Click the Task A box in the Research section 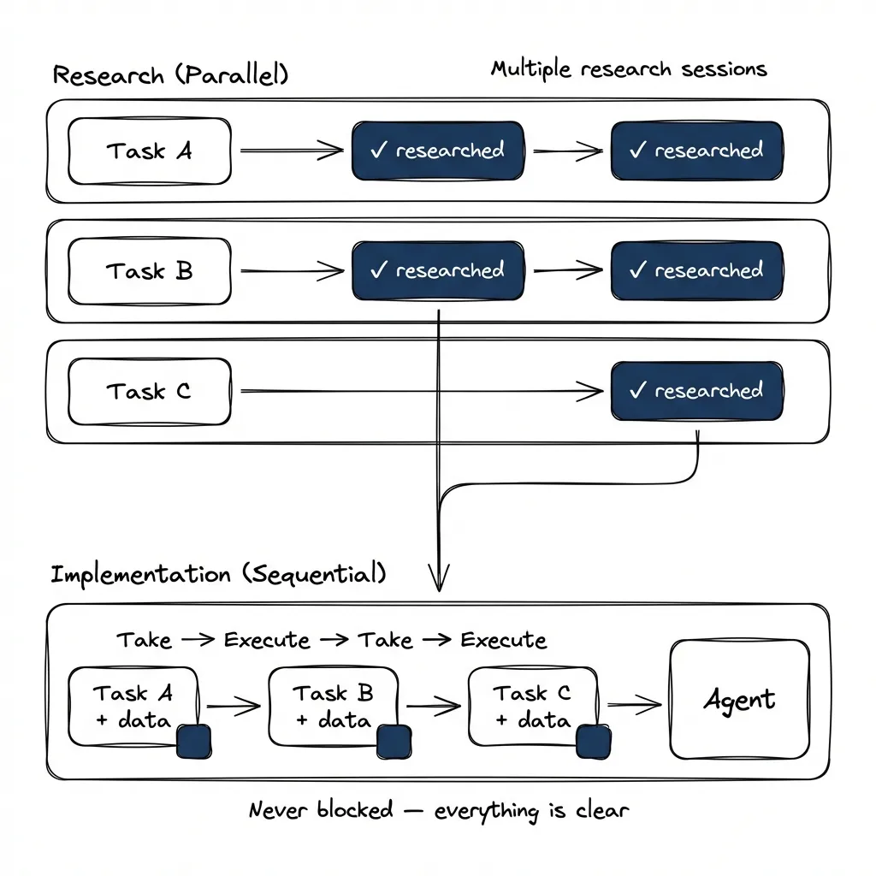pyautogui.click(x=149, y=151)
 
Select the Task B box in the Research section pyautogui.click(x=149, y=272)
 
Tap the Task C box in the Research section pyautogui.click(x=149, y=392)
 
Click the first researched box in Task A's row pyautogui.click(x=437, y=151)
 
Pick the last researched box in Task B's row pyautogui.click(x=696, y=271)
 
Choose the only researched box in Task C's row pyautogui.click(x=696, y=391)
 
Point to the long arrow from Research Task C pyautogui.click(x=419, y=392)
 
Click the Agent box pyautogui.click(x=739, y=700)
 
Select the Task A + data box pyautogui.click(x=133, y=706)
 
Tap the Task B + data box pyautogui.click(x=333, y=706)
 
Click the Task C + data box pyautogui.click(x=532, y=706)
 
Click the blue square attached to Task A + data pyautogui.click(x=194, y=740)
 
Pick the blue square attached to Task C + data pyautogui.click(x=594, y=740)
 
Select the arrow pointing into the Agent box pyautogui.click(x=635, y=705)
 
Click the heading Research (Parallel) pyautogui.click(x=170, y=74)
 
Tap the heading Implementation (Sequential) pyautogui.click(x=218, y=573)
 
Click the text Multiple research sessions pyautogui.click(x=629, y=68)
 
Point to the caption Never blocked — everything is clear pyautogui.click(x=438, y=809)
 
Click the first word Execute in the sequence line pyautogui.click(x=267, y=639)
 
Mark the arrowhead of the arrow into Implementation pyautogui.click(x=439, y=583)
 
